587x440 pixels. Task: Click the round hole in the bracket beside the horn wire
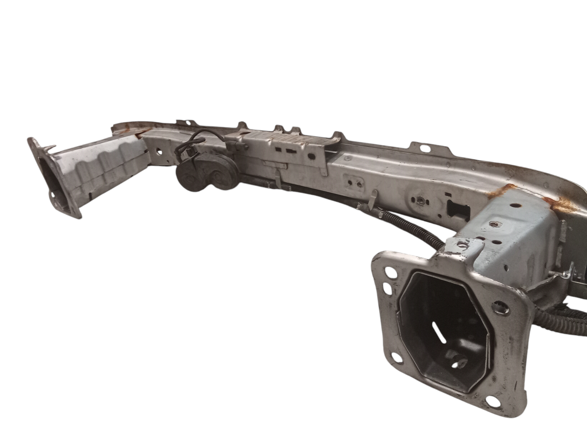click(x=160, y=153)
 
